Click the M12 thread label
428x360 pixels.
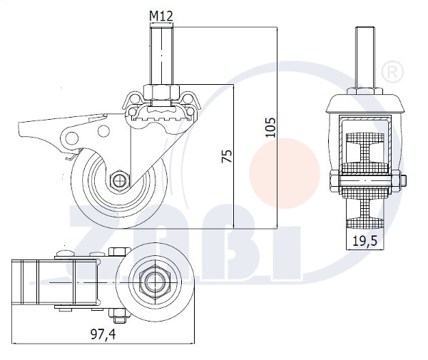click(161, 16)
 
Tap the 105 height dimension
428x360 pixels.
click(271, 128)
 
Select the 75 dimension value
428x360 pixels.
click(227, 156)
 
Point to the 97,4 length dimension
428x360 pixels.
click(103, 334)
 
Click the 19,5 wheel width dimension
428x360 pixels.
click(365, 241)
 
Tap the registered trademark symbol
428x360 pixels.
click(393, 71)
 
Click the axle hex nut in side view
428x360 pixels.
click(118, 180)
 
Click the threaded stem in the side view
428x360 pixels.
click(161, 56)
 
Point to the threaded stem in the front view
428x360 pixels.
click(365, 57)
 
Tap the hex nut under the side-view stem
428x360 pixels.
click(161, 92)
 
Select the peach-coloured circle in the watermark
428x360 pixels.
click(285, 173)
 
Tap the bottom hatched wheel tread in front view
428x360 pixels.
click(365, 224)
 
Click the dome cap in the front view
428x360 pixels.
click(365, 103)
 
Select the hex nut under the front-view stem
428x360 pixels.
click(365, 91)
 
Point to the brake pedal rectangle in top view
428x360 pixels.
click(55, 282)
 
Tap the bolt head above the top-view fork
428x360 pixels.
click(119, 252)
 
